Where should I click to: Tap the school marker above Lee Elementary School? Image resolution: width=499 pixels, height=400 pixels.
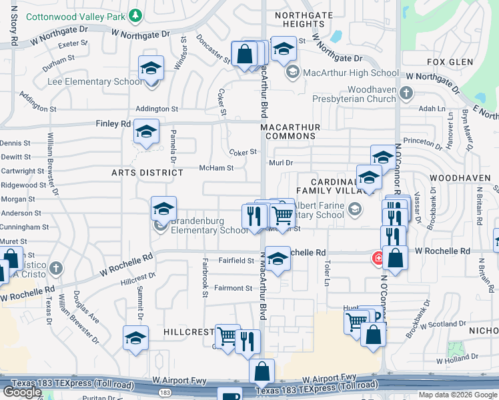pos(151,69)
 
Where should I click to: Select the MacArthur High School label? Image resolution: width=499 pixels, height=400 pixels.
pos(342,72)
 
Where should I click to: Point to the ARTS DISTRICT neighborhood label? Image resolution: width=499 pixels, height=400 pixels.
pos(147,173)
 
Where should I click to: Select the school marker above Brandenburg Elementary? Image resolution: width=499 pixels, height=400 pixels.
pos(163,209)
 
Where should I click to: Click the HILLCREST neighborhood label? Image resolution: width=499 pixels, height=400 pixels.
pos(188,331)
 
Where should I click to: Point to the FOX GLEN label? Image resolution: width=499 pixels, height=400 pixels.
pos(445,62)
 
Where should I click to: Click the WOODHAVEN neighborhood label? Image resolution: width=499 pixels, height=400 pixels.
pos(460,179)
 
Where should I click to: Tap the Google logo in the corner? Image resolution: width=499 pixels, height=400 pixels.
pos(23,392)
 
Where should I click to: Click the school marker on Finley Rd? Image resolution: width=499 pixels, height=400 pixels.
pos(146,131)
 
